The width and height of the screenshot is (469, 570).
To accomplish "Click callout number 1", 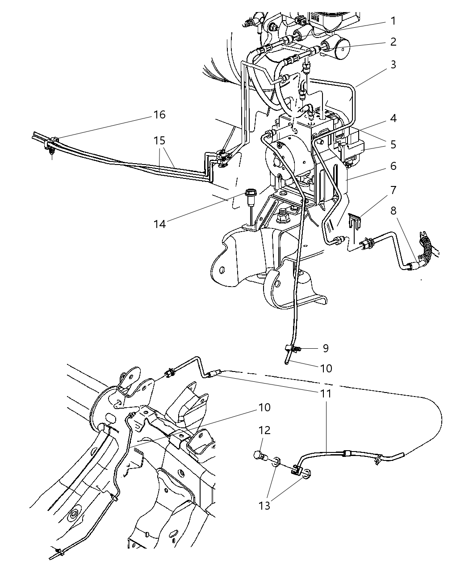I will pyautogui.click(x=393, y=21).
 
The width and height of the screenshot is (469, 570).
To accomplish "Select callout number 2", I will pyautogui.click(x=393, y=42).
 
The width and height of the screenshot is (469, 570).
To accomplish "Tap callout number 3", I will pyautogui.click(x=393, y=64).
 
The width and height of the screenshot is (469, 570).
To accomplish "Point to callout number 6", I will pyautogui.click(x=393, y=166).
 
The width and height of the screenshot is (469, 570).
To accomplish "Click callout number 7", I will pyautogui.click(x=393, y=190).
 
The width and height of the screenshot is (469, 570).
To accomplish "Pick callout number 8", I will pyautogui.click(x=393, y=210).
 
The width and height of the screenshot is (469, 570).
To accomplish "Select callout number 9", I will pyautogui.click(x=326, y=348).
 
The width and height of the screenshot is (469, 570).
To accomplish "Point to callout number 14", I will pyautogui.click(x=159, y=224).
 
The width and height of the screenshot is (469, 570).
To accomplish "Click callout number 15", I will pyautogui.click(x=159, y=140).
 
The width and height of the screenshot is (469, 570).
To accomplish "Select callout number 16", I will pyautogui.click(x=159, y=115).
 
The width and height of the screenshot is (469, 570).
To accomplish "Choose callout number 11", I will pyautogui.click(x=326, y=393).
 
